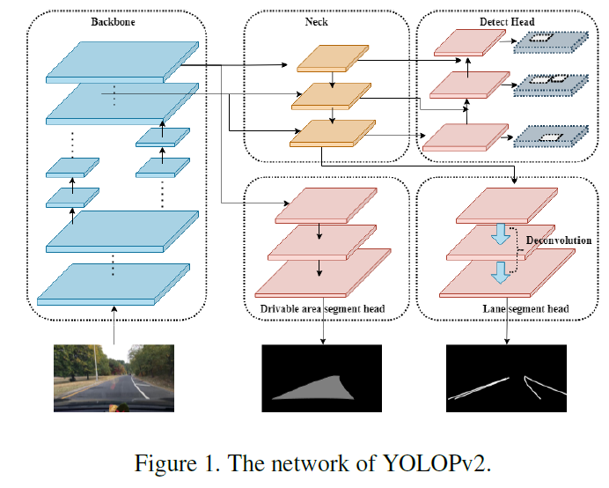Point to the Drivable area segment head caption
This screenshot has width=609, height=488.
click(x=323, y=309)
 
